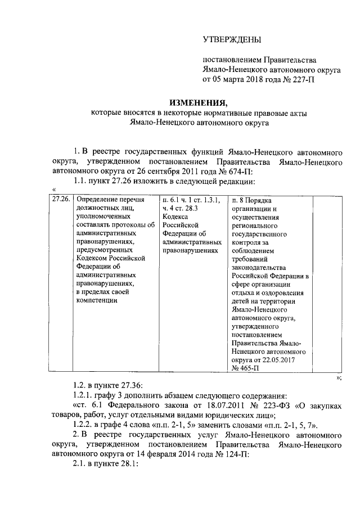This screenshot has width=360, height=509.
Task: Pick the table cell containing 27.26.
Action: coord(61,200)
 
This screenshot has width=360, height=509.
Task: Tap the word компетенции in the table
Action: coord(97,301)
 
